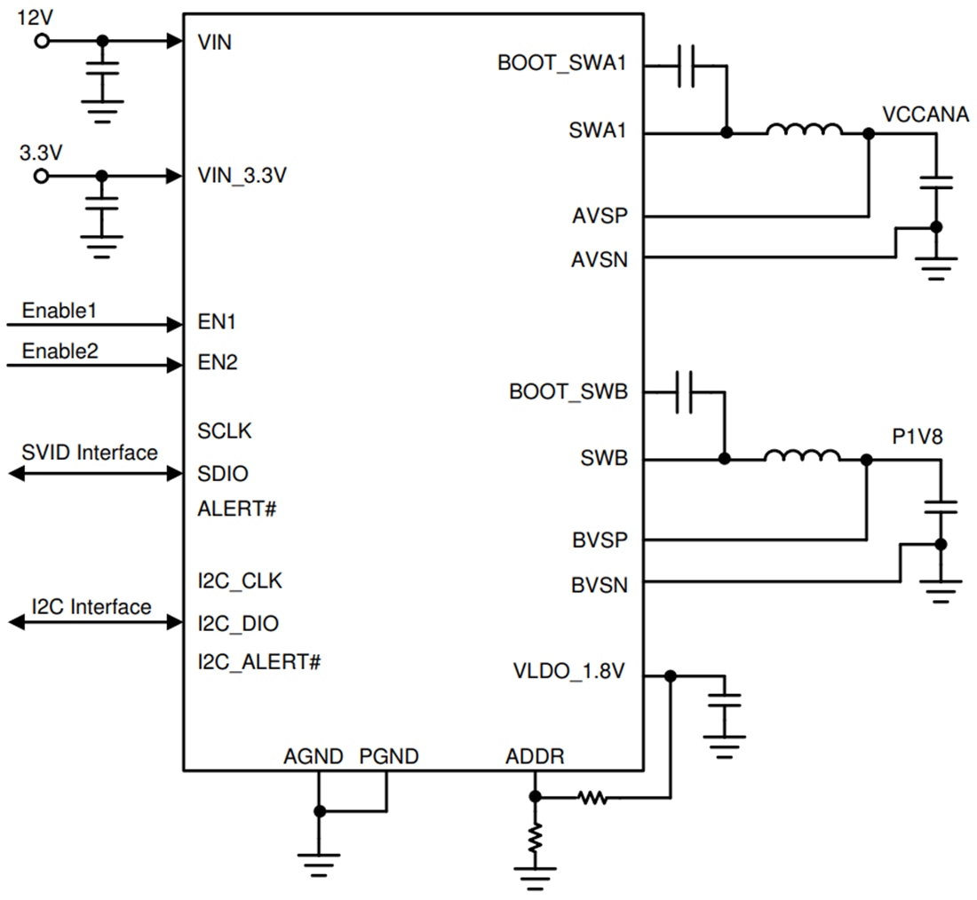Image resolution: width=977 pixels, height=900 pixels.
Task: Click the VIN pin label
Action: pos(215,42)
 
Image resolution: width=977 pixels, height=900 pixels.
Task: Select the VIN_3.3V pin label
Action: pos(242,176)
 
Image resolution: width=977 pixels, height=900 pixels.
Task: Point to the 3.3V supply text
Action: pos(41,153)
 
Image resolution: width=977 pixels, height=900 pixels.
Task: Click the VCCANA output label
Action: pos(925,114)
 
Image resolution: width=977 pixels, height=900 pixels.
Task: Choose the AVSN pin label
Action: pos(599,259)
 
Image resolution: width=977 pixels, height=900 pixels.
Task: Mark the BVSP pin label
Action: pos(599,540)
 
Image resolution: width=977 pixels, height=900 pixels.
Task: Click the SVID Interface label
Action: pos(89,453)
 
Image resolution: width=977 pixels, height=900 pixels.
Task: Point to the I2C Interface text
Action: pos(91,607)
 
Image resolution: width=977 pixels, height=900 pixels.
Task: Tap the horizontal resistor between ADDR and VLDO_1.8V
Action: pos(592,799)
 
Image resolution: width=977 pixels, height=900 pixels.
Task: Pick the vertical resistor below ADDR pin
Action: pos(535,839)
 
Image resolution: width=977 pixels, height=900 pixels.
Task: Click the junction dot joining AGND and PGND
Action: pos(319,811)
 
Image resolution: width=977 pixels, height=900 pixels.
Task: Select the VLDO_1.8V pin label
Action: pos(569,671)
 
